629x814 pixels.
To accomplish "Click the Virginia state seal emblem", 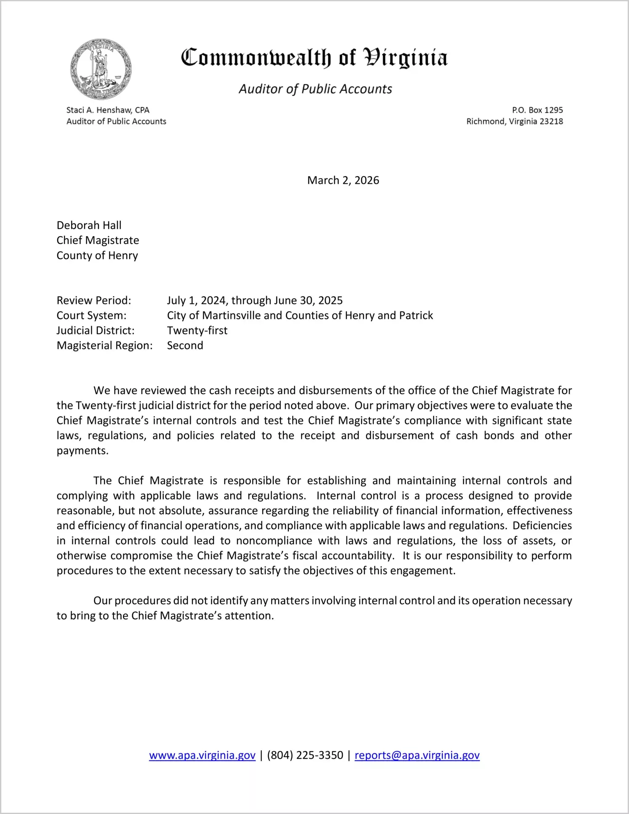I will point(101,69).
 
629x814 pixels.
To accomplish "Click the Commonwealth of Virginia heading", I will point(314,58).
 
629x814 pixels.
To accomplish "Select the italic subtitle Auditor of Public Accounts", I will point(315,89).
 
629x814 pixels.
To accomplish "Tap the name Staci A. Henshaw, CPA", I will point(108,110).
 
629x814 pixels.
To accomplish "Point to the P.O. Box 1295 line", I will point(537,110).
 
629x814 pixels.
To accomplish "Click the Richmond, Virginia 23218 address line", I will point(514,121).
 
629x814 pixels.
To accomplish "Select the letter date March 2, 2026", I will point(343,180).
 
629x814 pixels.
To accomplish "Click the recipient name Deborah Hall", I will point(89,225).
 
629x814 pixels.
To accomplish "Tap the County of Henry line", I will point(97,255).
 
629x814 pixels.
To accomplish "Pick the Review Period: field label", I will point(94,301).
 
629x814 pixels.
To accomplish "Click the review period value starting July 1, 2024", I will point(255,301).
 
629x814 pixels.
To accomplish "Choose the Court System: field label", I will point(91,315).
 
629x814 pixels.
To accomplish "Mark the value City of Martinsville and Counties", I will point(300,315).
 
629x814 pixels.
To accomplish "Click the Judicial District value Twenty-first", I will point(197,330).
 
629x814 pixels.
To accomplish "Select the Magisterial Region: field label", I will point(104,346).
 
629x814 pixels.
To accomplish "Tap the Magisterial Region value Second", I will point(185,346).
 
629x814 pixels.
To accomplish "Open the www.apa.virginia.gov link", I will point(202,755).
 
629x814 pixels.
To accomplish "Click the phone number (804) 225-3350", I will point(305,755).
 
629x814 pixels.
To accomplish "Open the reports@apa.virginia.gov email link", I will point(417,755).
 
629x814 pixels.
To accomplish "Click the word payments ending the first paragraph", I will point(82,451).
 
